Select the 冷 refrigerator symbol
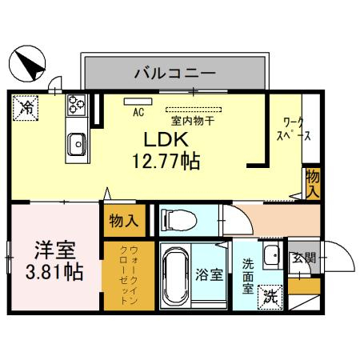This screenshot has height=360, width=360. coord(26,106)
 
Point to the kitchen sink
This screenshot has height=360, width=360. coord(78,143)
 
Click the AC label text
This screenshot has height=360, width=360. coord(137,111)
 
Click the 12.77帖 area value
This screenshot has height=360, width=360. coord(166,159)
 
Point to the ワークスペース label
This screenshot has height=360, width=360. coord(294,130)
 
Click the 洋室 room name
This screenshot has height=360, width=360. coord(50,249)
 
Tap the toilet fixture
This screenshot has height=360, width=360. coord(177,218)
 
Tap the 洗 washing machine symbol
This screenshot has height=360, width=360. coord(272,294)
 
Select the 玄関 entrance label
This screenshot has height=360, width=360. coord(304,257)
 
